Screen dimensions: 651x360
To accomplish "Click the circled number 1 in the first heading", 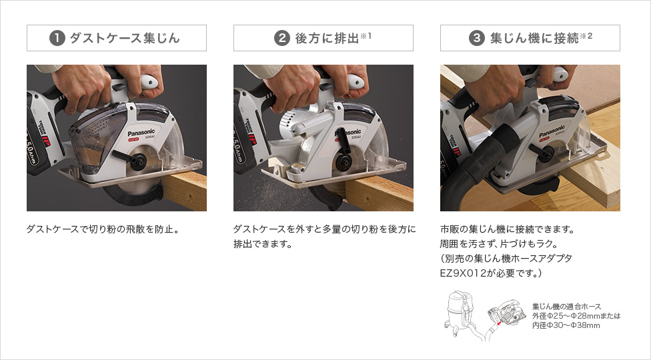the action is tap(57, 38).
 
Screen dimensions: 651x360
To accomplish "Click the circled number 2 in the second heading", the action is tap(282, 38).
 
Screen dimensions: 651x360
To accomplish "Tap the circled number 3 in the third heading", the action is tap(477, 38).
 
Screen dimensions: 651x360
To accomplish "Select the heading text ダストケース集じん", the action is tap(125, 38).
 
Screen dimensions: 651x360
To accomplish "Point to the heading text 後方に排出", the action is tap(327, 38).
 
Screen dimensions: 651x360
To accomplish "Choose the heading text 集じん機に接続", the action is tap(534, 38).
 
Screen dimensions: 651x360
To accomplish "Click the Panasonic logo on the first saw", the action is tap(141, 133).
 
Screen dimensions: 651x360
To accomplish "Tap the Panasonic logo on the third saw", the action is tap(552, 131).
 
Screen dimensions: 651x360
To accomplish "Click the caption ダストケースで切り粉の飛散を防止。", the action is tap(103, 229).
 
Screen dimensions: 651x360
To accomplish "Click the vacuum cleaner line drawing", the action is tap(462, 313).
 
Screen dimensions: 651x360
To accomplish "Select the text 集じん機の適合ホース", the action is tap(567, 307).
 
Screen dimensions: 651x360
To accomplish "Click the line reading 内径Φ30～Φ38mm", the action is tap(566, 325).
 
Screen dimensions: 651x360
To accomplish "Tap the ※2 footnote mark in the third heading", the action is tap(586, 36).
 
